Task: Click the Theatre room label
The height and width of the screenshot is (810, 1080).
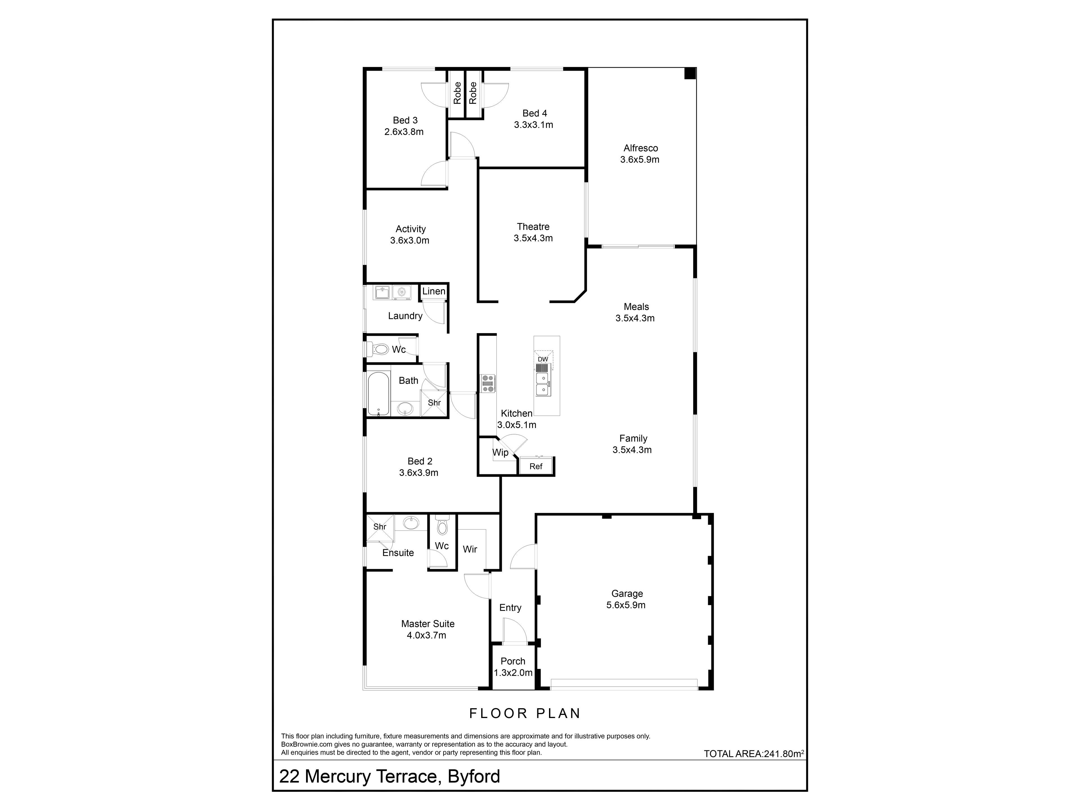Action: (533, 226)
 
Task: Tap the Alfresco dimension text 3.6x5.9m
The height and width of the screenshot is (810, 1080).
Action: (640, 160)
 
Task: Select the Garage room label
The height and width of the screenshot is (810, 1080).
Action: (627, 594)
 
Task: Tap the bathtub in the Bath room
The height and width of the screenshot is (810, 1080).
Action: (378, 394)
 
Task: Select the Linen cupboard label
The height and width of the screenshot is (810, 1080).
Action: (434, 291)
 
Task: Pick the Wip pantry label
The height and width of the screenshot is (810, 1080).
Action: (500, 453)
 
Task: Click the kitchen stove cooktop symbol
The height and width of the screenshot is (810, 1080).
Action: (488, 383)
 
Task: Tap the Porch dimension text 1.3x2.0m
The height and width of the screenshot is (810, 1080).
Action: (513, 673)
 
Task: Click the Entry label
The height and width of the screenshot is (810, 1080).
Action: (510, 608)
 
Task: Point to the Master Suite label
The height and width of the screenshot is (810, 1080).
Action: (428, 624)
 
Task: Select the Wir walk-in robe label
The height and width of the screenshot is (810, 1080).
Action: (470, 549)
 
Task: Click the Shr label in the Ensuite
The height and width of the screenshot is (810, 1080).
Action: (379, 527)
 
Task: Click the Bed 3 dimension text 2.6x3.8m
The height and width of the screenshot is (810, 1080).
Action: (404, 132)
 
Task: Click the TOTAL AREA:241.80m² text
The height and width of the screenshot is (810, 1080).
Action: (754, 753)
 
